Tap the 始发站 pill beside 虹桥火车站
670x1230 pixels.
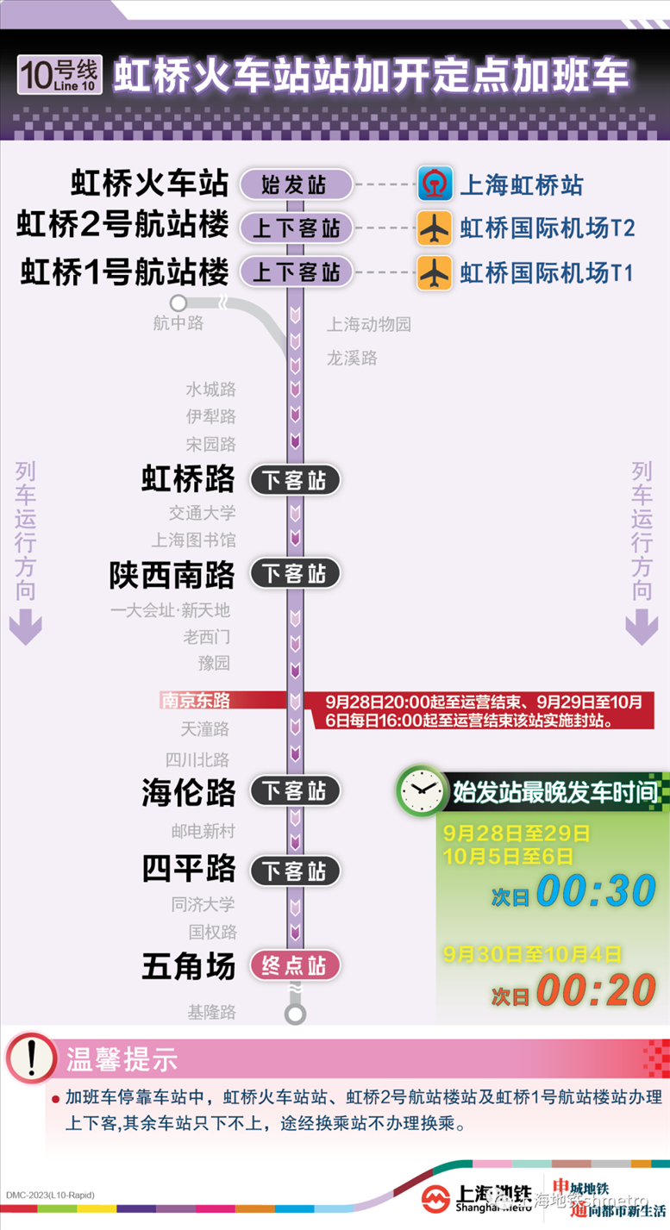pyautogui.click(x=295, y=184)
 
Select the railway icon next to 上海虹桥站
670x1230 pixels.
pyautogui.click(x=435, y=184)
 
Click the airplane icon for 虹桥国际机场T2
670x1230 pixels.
pyautogui.click(x=435, y=228)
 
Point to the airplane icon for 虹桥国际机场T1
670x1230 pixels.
pyautogui.click(x=435, y=272)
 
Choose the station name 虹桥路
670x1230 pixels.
pyautogui.click(x=188, y=479)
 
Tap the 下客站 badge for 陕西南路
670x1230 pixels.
pyautogui.click(x=295, y=573)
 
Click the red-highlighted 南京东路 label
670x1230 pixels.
pyautogui.click(x=196, y=700)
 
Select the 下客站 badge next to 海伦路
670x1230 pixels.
pyautogui.click(x=295, y=790)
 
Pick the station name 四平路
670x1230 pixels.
pyautogui.click(x=188, y=869)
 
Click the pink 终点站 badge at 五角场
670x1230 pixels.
pyautogui.click(x=295, y=965)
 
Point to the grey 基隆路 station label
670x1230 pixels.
pyautogui.click(x=212, y=1012)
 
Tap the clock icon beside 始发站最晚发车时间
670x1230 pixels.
pyautogui.click(x=421, y=790)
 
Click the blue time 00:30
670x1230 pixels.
pyautogui.click(x=596, y=892)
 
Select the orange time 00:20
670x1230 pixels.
pyautogui.click(x=596, y=992)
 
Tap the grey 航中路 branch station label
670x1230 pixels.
pyautogui.click(x=178, y=323)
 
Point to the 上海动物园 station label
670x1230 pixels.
pyautogui.click(x=368, y=325)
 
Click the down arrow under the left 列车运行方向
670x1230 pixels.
pyautogui.click(x=25, y=627)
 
